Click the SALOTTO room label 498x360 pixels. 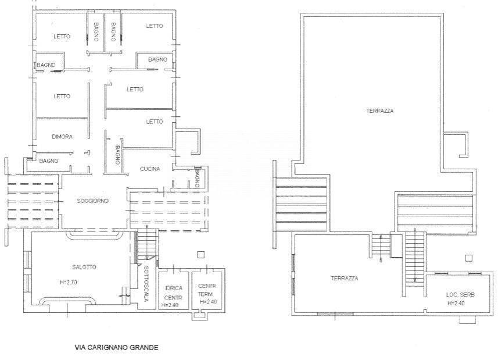pyautogui.click(x=84, y=267)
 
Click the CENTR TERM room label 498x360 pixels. pyautogui.click(x=207, y=290)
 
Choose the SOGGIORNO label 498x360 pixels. pyautogui.click(x=93, y=201)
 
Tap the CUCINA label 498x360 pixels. pyautogui.click(x=150, y=169)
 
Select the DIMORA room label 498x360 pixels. pyautogui.click(x=62, y=137)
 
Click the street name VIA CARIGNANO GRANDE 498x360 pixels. pyautogui.click(x=116, y=348)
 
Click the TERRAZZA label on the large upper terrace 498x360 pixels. pyautogui.click(x=380, y=111)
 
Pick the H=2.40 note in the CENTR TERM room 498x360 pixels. pyautogui.click(x=207, y=302)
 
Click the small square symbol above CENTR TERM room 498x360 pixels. pyautogui.click(x=200, y=254)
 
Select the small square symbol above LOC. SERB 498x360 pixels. pyautogui.click(x=468, y=258)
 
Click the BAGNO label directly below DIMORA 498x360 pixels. pyautogui.click(x=49, y=161)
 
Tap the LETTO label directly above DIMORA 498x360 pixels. pyautogui.click(x=62, y=97)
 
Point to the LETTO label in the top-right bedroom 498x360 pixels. pyautogui.click(x=155, y=26)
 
